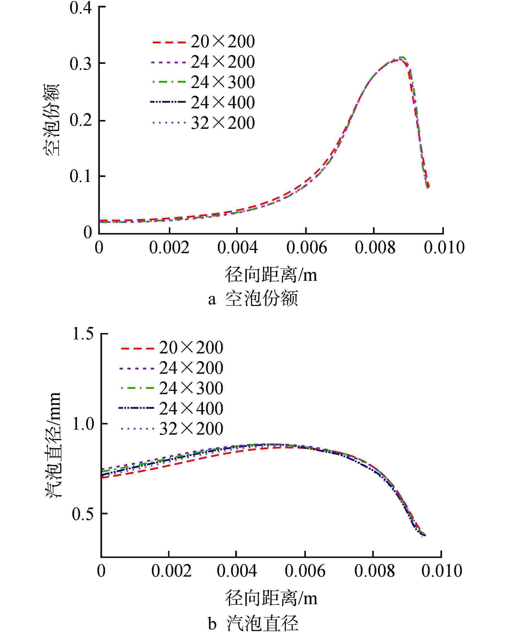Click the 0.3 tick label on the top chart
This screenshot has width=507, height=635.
pyautogui.click(x=80, y=64)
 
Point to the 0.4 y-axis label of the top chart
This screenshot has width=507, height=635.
pyautogui.click(x=80, y=8)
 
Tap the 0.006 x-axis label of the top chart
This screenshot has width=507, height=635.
pyautogui.click(x=306, y=247)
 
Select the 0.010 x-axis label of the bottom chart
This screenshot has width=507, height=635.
pyautogui.click(x=442, y=571)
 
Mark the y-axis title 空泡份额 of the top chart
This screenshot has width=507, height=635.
pyautogui.click(x=52, y=120)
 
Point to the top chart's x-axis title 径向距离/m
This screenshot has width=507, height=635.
pyautogui.click(x=271, y=275)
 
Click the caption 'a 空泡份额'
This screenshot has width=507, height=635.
pyautogui.click(x=253, y=299)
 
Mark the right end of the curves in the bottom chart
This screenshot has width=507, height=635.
pyautogui.click(x=424, y=535)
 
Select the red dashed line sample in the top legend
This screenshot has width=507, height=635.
pyautogui.click(x=169, y=42)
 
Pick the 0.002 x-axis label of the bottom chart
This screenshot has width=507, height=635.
pyautogui.click(x=171, y=571)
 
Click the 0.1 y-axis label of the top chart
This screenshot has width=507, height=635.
pyautogui.click(x=80, y=177)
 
